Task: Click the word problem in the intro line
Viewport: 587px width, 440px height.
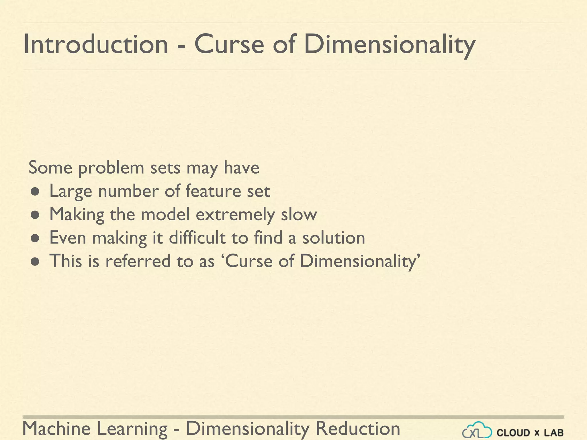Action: pyautogui.click(x=111, y=168)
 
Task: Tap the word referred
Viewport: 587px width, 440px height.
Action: pyautogui.click(x=138, y=261)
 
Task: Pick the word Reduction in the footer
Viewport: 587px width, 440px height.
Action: pyautogui.click(x=358, y=429)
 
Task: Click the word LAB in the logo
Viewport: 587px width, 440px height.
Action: pyautogui.click(x=554, y=433)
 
